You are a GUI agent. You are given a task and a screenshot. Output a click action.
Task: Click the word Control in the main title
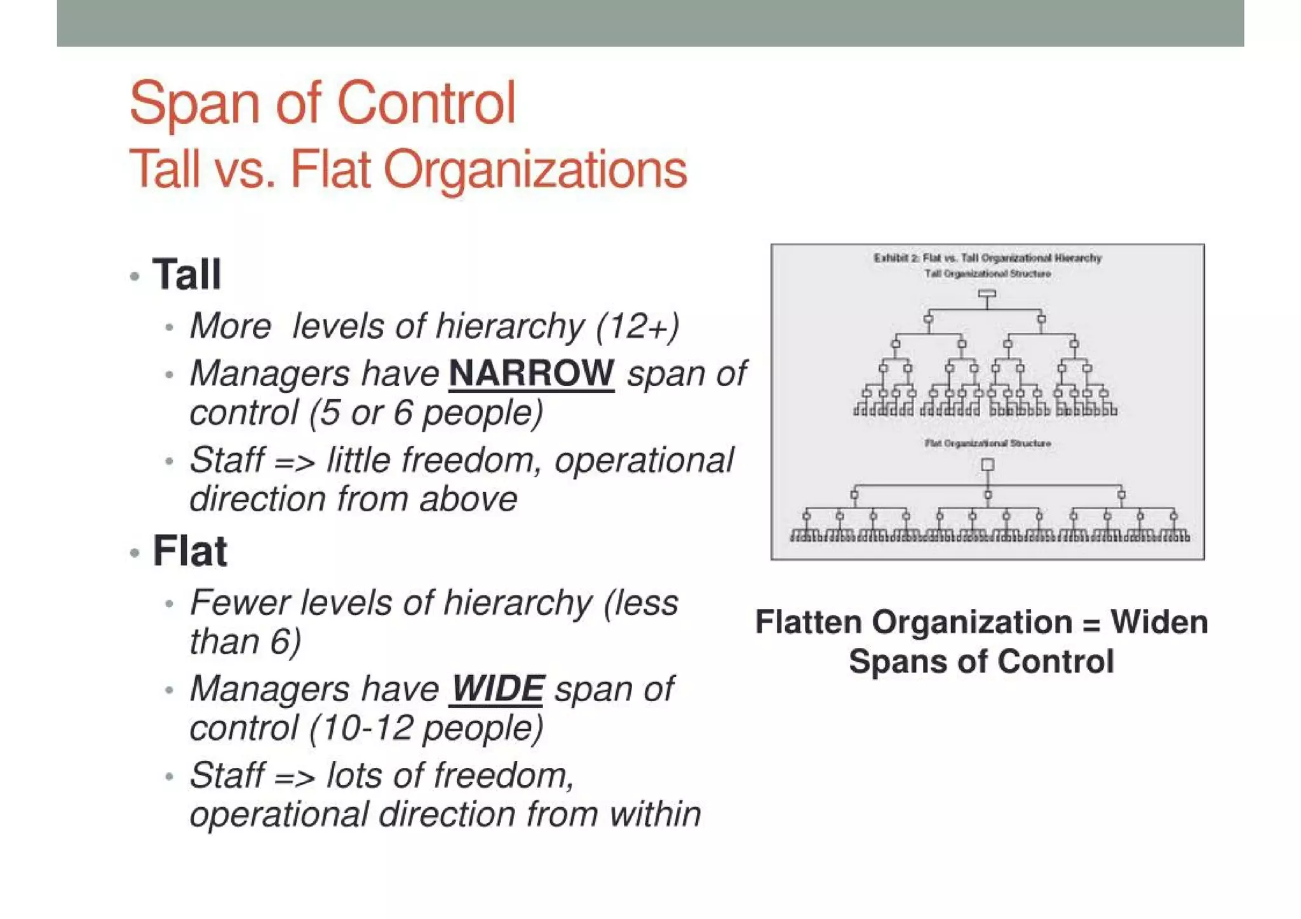point(426,103)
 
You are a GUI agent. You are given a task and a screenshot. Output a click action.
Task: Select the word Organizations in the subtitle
point(536,170)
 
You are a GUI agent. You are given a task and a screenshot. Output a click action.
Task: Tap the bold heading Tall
point(187,274)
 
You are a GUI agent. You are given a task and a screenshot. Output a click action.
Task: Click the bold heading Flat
point(189,551)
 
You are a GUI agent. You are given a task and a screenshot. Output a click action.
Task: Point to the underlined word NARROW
point(531,373)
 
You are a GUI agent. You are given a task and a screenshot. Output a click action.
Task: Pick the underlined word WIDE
point(497,688)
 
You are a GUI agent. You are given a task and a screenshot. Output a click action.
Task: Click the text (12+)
point(637,326)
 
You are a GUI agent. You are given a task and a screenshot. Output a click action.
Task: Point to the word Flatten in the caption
point(808,622)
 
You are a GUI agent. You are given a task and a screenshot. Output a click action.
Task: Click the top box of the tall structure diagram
point(987,294)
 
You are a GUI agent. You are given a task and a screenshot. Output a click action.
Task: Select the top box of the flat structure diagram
point(987,465)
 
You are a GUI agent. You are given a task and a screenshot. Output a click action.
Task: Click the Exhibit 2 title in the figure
point(987,258)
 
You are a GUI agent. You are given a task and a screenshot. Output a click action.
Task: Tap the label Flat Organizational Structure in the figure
point(987,443)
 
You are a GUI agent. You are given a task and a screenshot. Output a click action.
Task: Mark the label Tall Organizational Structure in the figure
point(987,274)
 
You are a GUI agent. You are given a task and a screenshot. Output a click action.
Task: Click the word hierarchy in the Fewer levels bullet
point(518,603)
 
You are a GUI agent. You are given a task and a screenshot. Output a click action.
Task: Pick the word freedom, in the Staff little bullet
point(471,460)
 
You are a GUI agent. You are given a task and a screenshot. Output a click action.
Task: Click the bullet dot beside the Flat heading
point(134,553)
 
